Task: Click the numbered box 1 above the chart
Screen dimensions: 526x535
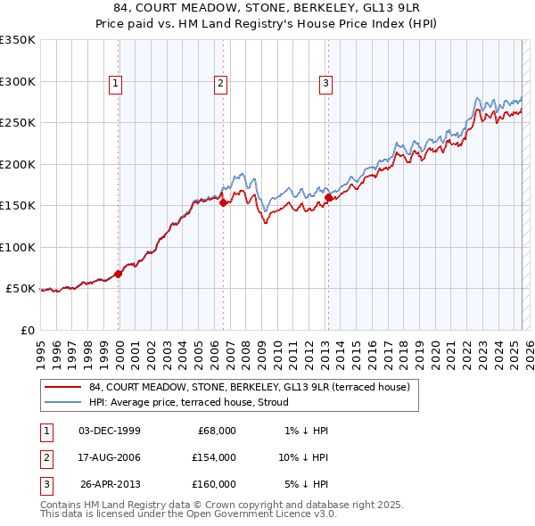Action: click(x=116, y=84)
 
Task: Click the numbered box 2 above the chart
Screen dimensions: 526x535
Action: click(x=220, y=84)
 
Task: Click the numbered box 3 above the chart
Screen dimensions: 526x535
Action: click(x=325, y=84)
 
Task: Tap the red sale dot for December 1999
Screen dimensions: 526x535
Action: click(x=118, y=274)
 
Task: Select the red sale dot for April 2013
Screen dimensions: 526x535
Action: click(x=328, y=198)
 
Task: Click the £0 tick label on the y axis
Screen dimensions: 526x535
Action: click(x=27, y=330)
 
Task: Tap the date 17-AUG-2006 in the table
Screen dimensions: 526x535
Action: click(x=110, y=457)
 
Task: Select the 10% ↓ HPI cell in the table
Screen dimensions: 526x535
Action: click(x=302, y=457)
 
